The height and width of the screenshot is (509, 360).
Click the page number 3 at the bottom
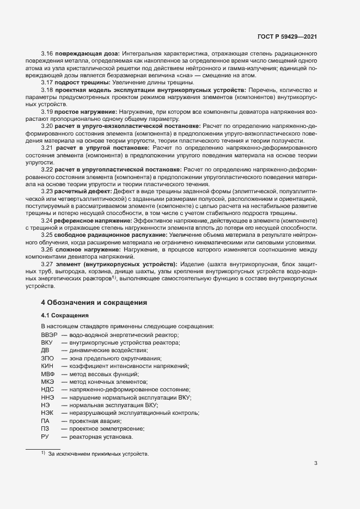pyautogui.click(x=316, y=464)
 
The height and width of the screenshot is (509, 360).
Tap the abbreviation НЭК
pyautogui.click(x=47, y=413)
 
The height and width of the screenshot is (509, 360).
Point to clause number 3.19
pyautogui.click(x=47, y=111)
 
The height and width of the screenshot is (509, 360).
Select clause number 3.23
pyautogui.click(x=47, y=192)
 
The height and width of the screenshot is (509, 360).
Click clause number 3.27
pyautogui.click(x=47, y=263)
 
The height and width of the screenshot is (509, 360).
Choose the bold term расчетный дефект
pyautogui.click(x=82, y=192)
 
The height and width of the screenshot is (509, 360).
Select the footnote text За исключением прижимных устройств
pyautogui.click(x=98, y=453)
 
